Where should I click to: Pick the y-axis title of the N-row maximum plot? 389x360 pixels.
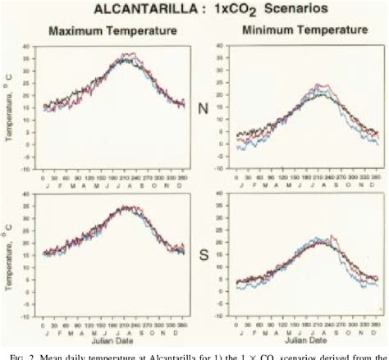10,112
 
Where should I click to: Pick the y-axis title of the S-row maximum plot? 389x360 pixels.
10,254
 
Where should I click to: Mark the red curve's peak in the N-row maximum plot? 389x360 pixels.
126,53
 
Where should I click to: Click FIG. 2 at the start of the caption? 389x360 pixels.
24,353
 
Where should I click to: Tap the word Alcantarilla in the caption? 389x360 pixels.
176,353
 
